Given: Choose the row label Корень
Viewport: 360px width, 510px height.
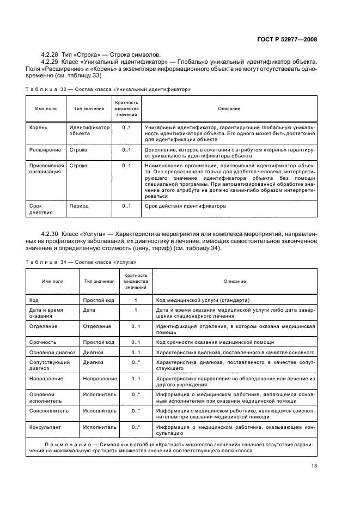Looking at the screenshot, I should (x=38, y=127).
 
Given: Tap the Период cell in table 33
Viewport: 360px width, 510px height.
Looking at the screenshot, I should (x=79, y=206).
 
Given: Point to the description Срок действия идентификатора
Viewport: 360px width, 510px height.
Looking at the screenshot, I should (x=185, y=206).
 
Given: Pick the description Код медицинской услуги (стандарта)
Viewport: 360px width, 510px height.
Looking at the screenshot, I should (x=203, y=300).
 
